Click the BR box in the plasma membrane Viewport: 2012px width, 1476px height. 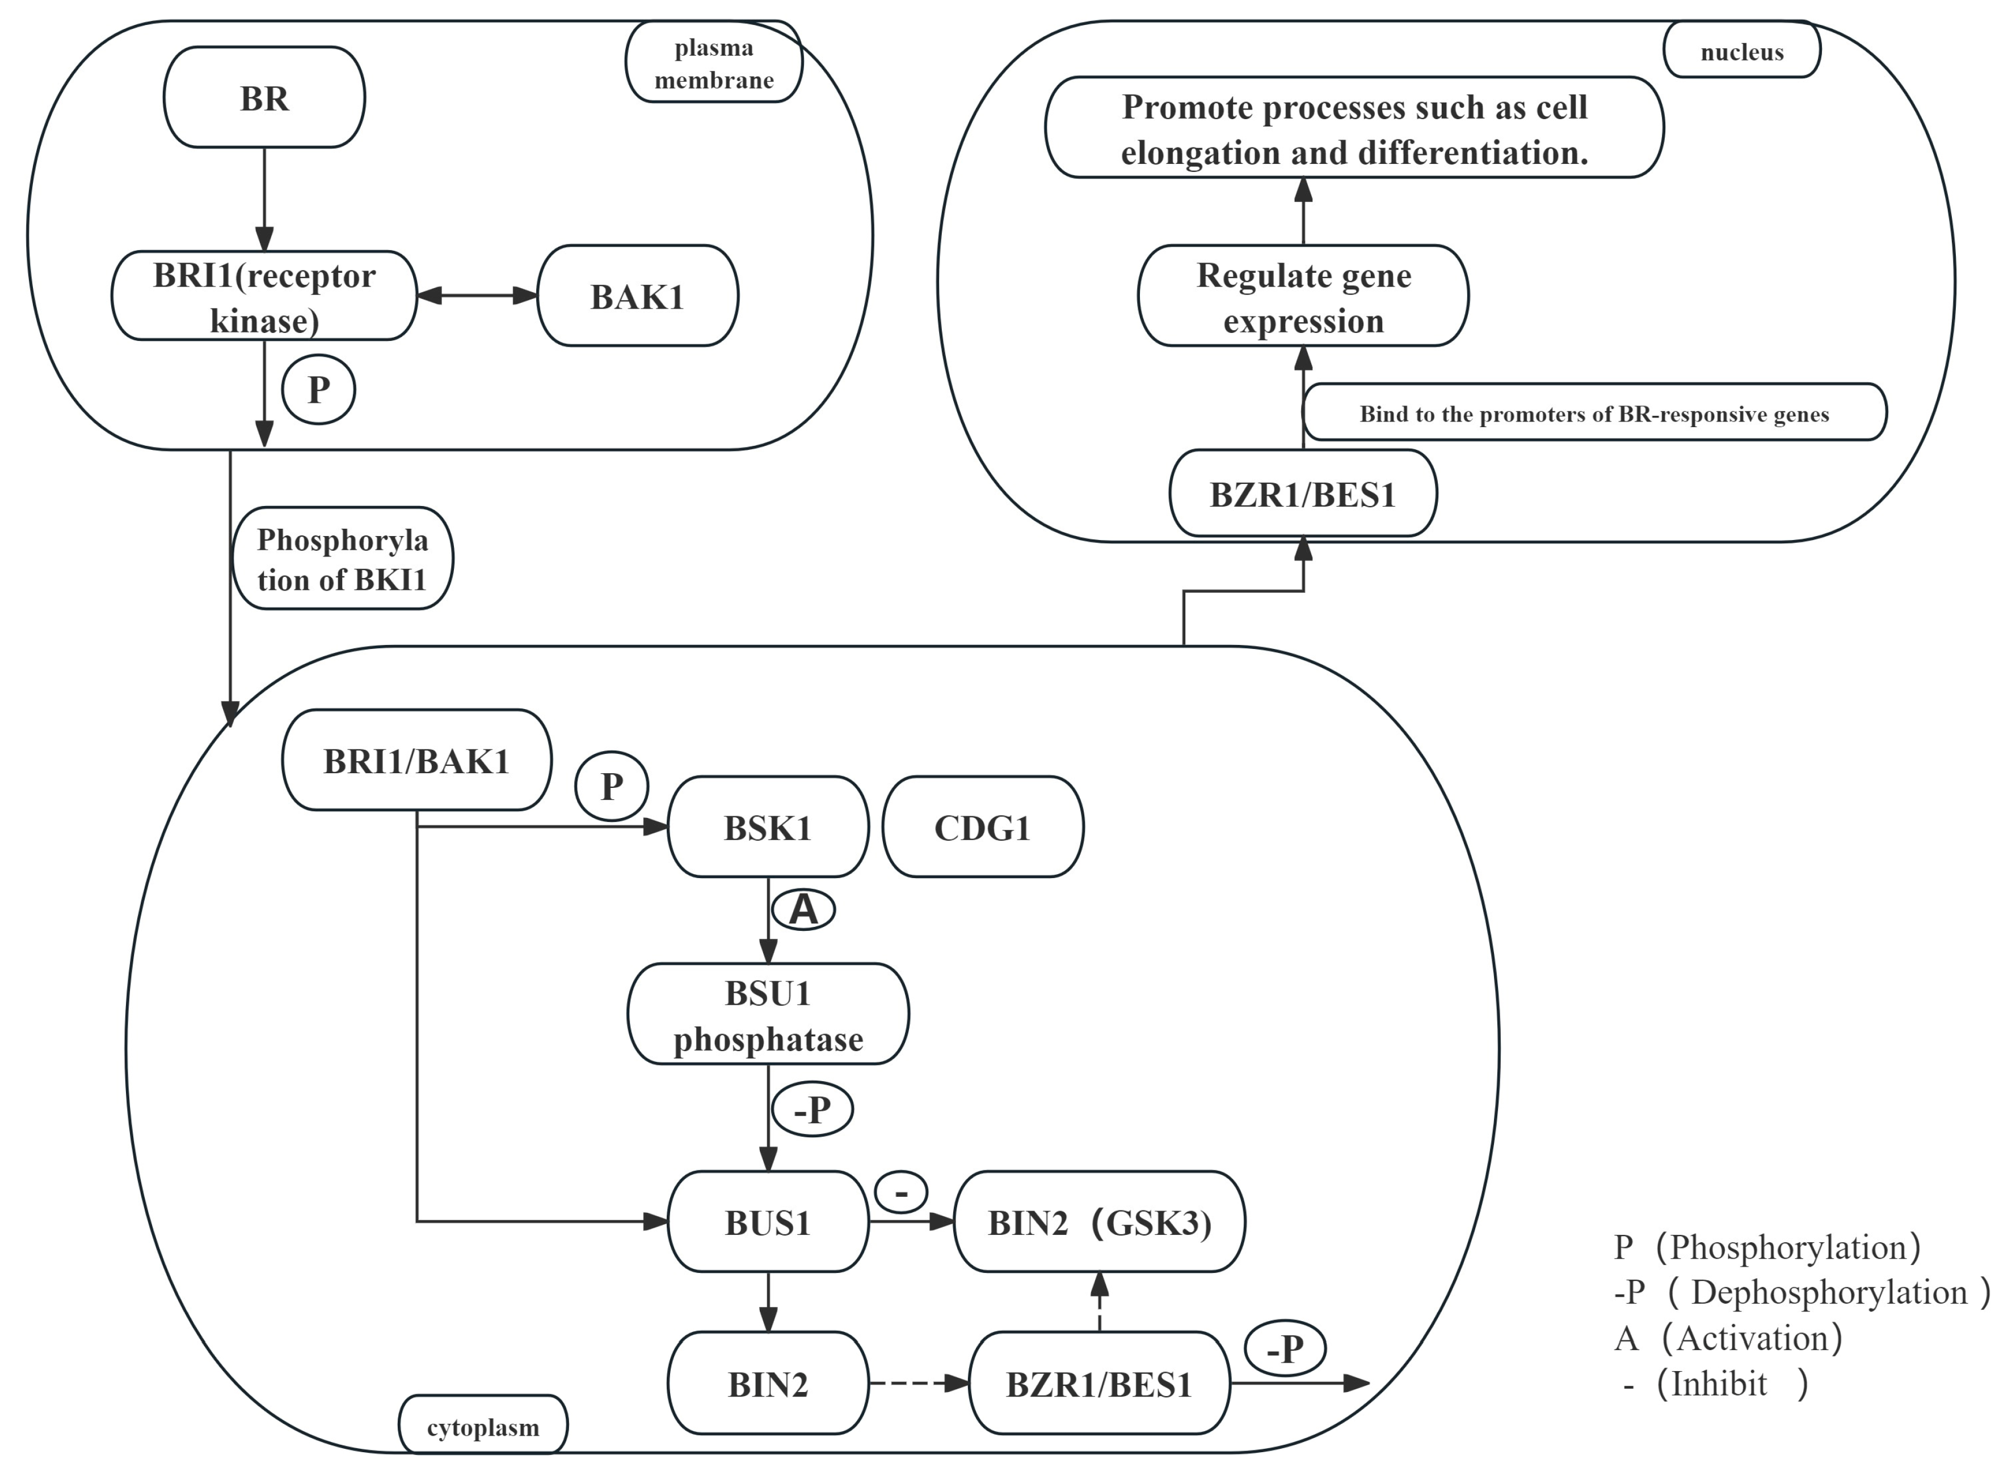coord(264,98)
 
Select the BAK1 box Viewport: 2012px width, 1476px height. coord(637,296)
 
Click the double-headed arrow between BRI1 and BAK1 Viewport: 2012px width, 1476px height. coord(477,296)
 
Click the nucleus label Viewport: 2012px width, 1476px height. coord(1741,52)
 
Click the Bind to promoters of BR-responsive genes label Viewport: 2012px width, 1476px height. coord(1594,413)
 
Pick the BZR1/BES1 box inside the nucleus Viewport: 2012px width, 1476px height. coord(1303,494)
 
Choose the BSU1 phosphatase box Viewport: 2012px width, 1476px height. coord(768,1015)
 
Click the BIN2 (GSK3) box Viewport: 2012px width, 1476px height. coord(1099,1222)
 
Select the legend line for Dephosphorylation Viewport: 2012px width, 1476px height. coord(1800,1292)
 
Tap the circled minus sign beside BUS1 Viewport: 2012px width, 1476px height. coord(900,1193)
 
